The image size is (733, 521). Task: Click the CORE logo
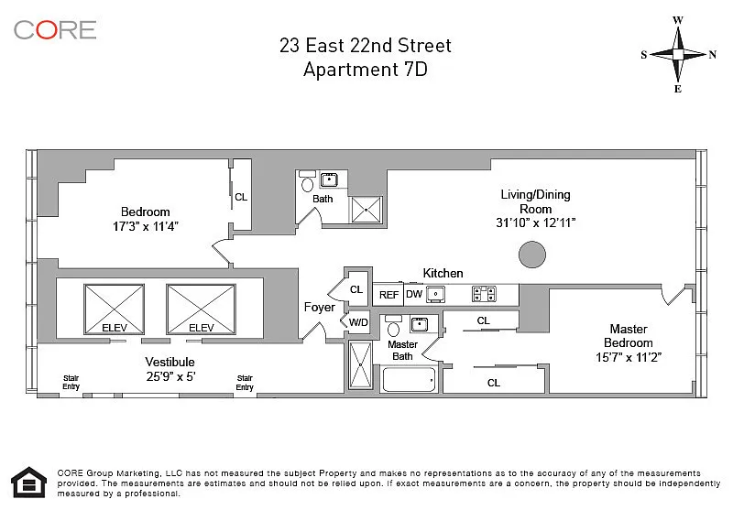tap(55, 30)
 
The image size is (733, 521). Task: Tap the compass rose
tap(678, 54)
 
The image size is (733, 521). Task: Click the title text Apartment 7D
tap(366, 70)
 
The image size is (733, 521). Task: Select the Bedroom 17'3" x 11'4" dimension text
tap(146, 227)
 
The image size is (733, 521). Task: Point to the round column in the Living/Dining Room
tap(532, 255)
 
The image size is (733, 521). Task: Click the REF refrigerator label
tap(388, 295)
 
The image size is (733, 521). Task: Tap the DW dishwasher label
tap(414, 294)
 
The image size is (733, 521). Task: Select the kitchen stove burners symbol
tap(485, 294)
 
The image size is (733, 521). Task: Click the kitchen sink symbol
tap(436, 294)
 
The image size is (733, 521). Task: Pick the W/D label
tap(358, 322)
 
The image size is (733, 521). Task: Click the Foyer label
tap(319, 307)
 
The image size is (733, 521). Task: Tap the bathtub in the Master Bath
tap(409, 379)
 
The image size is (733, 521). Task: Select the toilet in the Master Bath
tap(394, 326)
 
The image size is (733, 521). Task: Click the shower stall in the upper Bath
tap(366, 210)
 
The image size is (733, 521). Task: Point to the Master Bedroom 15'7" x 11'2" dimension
tap(629, 357)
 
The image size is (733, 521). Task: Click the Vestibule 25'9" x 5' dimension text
tap(170, 376)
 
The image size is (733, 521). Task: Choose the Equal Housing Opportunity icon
tap(29, 482)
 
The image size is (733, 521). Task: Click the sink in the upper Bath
tap(329, 179)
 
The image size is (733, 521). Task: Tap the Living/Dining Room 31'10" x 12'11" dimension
tap(536, 223)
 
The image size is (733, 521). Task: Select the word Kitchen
tap(443, 274)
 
